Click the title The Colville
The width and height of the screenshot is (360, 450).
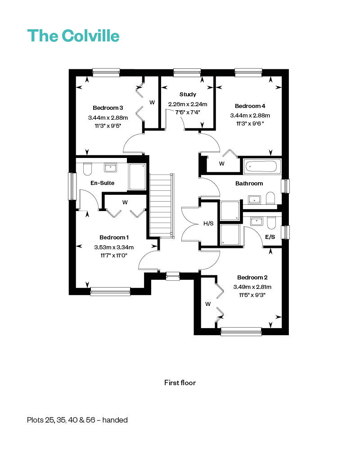[x=73, y=36]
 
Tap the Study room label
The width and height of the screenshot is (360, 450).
[x=188, y=94]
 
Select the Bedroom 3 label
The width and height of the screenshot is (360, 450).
[x=108, y=108]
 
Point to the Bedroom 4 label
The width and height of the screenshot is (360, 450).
[x=250, y=106]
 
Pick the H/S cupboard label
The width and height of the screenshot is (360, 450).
[x=208, y=224]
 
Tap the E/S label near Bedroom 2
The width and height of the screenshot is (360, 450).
[x=270, y=237]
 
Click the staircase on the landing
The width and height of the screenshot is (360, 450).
[x=162, y=205]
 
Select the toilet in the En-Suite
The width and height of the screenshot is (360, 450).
[x=87, y=169]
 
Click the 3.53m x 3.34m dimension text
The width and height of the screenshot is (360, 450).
[x=114, y=247]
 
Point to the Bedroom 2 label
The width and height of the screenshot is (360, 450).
[x=252, y=278]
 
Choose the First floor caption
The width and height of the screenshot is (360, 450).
[x=180, y=383]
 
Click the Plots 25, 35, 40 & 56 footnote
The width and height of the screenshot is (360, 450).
[x=77, y=420]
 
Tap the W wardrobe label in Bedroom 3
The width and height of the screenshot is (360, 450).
[x=152, y=103]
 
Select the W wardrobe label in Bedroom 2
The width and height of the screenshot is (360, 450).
[x=208, y=304]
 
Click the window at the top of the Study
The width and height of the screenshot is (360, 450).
[x=187, y=72]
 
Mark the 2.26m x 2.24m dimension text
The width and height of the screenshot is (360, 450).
[x=188, y=104]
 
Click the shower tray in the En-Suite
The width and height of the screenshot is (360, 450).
[x=137, y=177]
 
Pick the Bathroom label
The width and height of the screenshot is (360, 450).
[x=249, y=184]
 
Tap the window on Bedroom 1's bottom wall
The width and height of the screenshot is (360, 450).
[x=110, y=292]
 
